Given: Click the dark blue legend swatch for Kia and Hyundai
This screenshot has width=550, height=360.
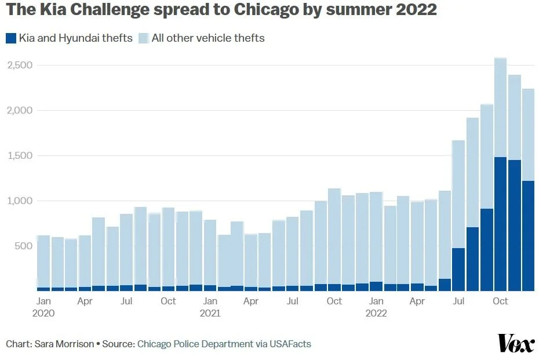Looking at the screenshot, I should click(x=10, y=38).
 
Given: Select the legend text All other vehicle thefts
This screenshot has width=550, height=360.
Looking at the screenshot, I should click(x=208, y=38).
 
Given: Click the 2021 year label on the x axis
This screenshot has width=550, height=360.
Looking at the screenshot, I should click(x=210, y=314).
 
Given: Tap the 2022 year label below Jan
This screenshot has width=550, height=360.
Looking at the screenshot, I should click(x=376, y=314).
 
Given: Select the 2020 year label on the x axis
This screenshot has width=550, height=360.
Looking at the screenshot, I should click(x=43, y=314).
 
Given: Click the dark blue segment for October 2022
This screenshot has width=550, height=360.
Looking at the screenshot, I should click(x=500, y=224).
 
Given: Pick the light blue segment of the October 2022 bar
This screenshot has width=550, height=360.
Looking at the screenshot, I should click(x=500, y=107).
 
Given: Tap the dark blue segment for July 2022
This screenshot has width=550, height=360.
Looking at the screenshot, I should click(x=458, y=270).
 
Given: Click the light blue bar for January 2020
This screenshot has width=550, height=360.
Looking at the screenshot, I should click(x=43, y=261).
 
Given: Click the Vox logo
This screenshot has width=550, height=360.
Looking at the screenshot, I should click(x=516, y=343).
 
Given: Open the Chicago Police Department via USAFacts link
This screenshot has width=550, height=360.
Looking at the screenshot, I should click(x=224, y=344).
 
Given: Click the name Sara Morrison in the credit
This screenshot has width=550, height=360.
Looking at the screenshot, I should click(x=64, y=344).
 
